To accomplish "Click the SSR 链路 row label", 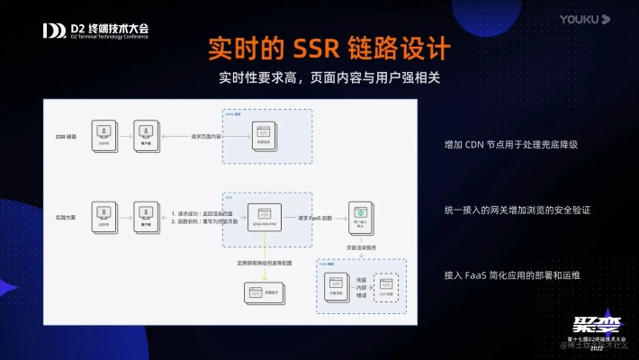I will tap(67, 137).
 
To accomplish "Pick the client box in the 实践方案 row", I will tap(144, 214).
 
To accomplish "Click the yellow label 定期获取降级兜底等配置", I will tap(265, 263).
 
